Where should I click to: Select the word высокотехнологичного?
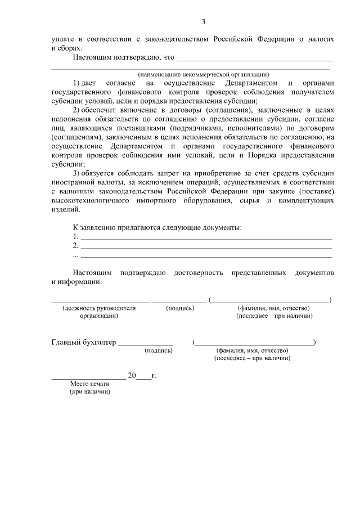(89, 201)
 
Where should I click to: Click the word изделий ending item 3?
(66, 210)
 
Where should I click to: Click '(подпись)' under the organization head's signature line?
(180, 308)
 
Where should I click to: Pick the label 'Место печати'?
(86, 384)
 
